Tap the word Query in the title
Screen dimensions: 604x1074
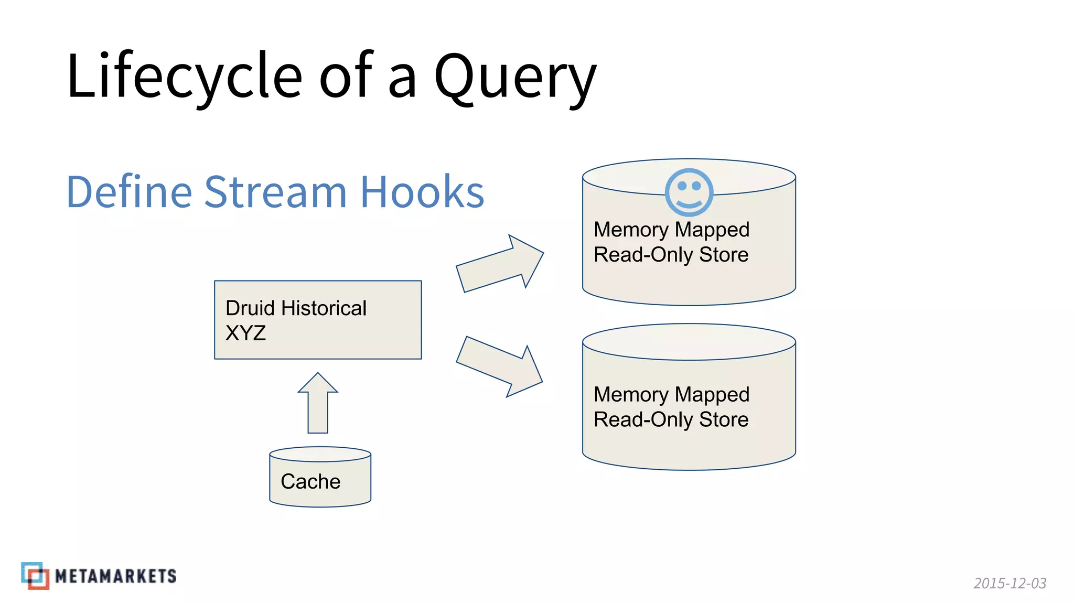[x=515, y=78]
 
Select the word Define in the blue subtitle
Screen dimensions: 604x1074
[x=129, y=192]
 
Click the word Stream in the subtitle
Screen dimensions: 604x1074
[x=275, y=192]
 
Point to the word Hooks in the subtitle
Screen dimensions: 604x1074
[x=422, y=192]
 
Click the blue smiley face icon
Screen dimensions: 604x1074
[x=689, y=192]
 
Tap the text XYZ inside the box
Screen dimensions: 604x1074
[x=245, y=333]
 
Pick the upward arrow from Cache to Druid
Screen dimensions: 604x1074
[x=318, y=404]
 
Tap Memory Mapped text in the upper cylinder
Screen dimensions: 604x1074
[x=671, y=230]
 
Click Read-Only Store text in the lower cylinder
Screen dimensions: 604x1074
[x=671, y=419]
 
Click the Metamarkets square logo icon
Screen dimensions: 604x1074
[x=35, y=576]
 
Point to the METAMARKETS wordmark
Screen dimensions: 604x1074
[x=116, y=576]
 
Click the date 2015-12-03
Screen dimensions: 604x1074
[x=1009, y=583]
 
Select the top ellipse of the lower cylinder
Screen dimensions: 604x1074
[x=689, y=342]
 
